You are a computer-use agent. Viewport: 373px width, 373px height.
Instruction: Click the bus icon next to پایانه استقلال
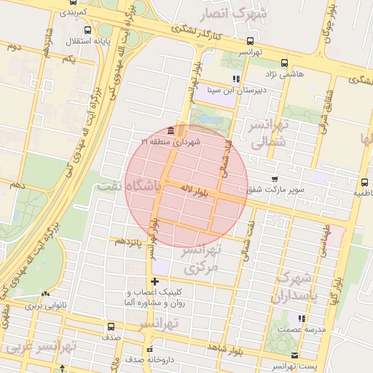tap(88, 30)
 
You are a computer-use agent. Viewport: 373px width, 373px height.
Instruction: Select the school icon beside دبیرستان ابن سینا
tap(235, 79)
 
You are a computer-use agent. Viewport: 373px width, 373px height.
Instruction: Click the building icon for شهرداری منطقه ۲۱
tap(170, 130)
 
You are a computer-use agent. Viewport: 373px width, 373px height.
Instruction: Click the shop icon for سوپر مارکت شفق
tap(274, 178)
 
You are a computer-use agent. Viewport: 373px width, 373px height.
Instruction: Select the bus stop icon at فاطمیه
tap(364, 182)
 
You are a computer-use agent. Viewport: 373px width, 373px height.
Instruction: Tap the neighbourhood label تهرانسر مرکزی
tap(200, 259)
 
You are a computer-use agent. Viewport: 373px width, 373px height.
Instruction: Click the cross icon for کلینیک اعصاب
tap(154, 281)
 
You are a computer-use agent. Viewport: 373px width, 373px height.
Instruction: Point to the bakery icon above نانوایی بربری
tap(46, 294)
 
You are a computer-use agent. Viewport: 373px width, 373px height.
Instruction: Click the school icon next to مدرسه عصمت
tap(302, 318)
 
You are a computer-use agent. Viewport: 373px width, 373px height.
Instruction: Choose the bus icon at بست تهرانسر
tap(294, 356)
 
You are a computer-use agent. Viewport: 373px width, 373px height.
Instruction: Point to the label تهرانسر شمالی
tap(271, 133)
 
